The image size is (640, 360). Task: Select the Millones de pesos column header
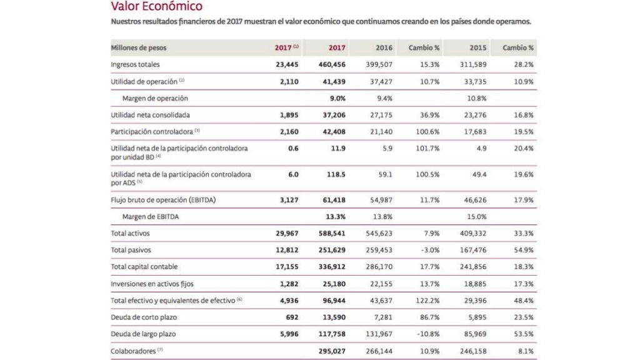pyautogui.click(x=139, y=47)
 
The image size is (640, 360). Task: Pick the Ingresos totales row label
pyautogui.click(x=135, y=64)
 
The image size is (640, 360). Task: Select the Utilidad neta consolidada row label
pyautogui.click(x=150, y=115)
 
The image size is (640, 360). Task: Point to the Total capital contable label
pyautogui.click(x=144, y=267)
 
